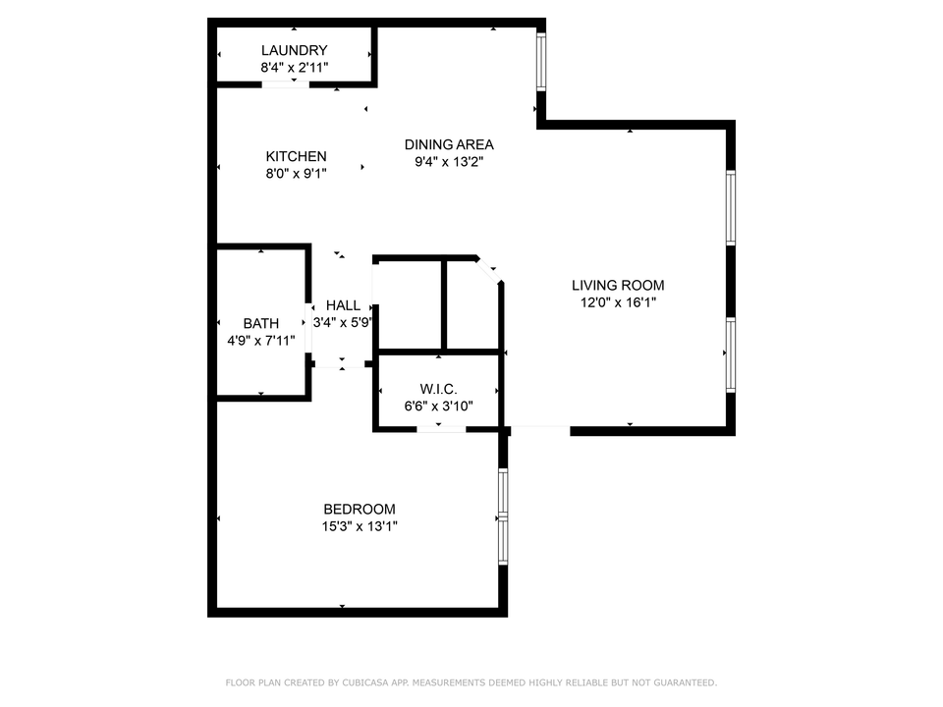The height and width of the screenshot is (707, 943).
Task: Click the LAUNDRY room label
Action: (x=294, y=50)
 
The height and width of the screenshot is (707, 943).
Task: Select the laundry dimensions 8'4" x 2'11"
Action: (x=294, y=68)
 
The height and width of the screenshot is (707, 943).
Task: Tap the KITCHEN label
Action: (x=296, y=156)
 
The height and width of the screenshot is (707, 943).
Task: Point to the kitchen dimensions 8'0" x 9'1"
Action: (x=296, y=174)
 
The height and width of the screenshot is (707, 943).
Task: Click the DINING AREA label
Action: (x=449, y=144)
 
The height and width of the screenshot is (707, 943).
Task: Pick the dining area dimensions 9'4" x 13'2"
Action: (x=449, y=162)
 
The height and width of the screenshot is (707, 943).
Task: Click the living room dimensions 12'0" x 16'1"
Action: (x=618, y=303)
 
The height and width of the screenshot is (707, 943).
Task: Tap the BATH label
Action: (x=261, y=323)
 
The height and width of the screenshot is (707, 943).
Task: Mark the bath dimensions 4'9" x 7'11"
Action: (x=261, y=341)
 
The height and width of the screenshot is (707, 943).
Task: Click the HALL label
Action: (x=343, y=305)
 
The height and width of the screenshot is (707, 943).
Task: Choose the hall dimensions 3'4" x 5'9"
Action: (x=343, y=322)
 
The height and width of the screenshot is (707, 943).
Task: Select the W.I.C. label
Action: (x=439, y=390)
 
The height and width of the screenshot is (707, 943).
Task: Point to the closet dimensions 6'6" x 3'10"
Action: (x=439, y=407)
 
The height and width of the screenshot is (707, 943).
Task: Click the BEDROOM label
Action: (x=360, y=509)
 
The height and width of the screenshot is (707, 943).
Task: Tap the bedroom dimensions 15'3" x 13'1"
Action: (x=360, y=526)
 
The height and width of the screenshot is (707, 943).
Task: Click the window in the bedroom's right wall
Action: (x=503, y=516)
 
